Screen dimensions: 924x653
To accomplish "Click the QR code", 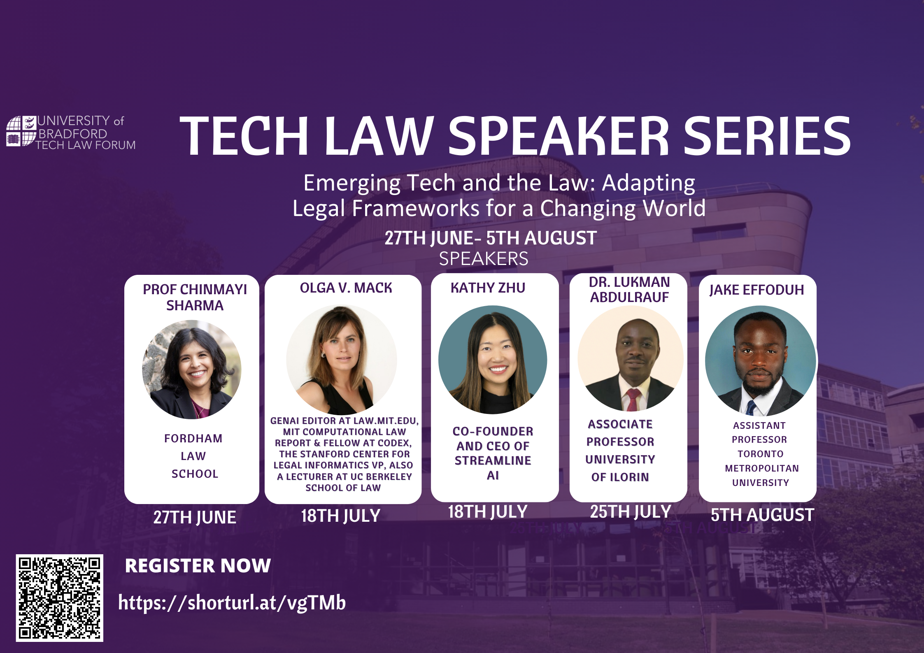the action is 60,597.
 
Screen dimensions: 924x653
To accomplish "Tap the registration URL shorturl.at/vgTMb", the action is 232,603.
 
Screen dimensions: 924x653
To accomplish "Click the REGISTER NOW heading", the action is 198,566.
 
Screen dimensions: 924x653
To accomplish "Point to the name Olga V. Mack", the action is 346,288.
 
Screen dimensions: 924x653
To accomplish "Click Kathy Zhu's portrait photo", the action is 493,360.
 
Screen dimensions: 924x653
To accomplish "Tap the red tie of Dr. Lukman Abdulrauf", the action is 633,399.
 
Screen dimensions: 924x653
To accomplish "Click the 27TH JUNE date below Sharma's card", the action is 195,517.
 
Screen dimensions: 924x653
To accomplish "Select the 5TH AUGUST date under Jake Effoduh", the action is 762,515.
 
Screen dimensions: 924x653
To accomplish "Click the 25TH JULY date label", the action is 631,512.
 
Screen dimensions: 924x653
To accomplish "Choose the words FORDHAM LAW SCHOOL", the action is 194,456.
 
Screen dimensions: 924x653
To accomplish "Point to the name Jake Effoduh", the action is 756,290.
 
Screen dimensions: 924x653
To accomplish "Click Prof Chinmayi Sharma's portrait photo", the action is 192,369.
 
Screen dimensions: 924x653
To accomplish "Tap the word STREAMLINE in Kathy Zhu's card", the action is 493,460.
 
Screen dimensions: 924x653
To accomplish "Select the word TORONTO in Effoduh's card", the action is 760,454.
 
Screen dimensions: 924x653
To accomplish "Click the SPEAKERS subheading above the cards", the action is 484,259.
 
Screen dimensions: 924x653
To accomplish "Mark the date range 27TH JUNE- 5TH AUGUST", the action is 491,238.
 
